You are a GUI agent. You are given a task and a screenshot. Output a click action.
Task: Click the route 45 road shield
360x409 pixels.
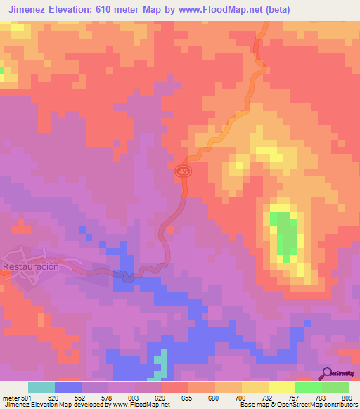[184, 171]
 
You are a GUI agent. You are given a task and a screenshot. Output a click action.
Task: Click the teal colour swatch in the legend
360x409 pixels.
[41, 387]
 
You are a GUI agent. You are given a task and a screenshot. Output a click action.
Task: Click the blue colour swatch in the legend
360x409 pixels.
[68, 387]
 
